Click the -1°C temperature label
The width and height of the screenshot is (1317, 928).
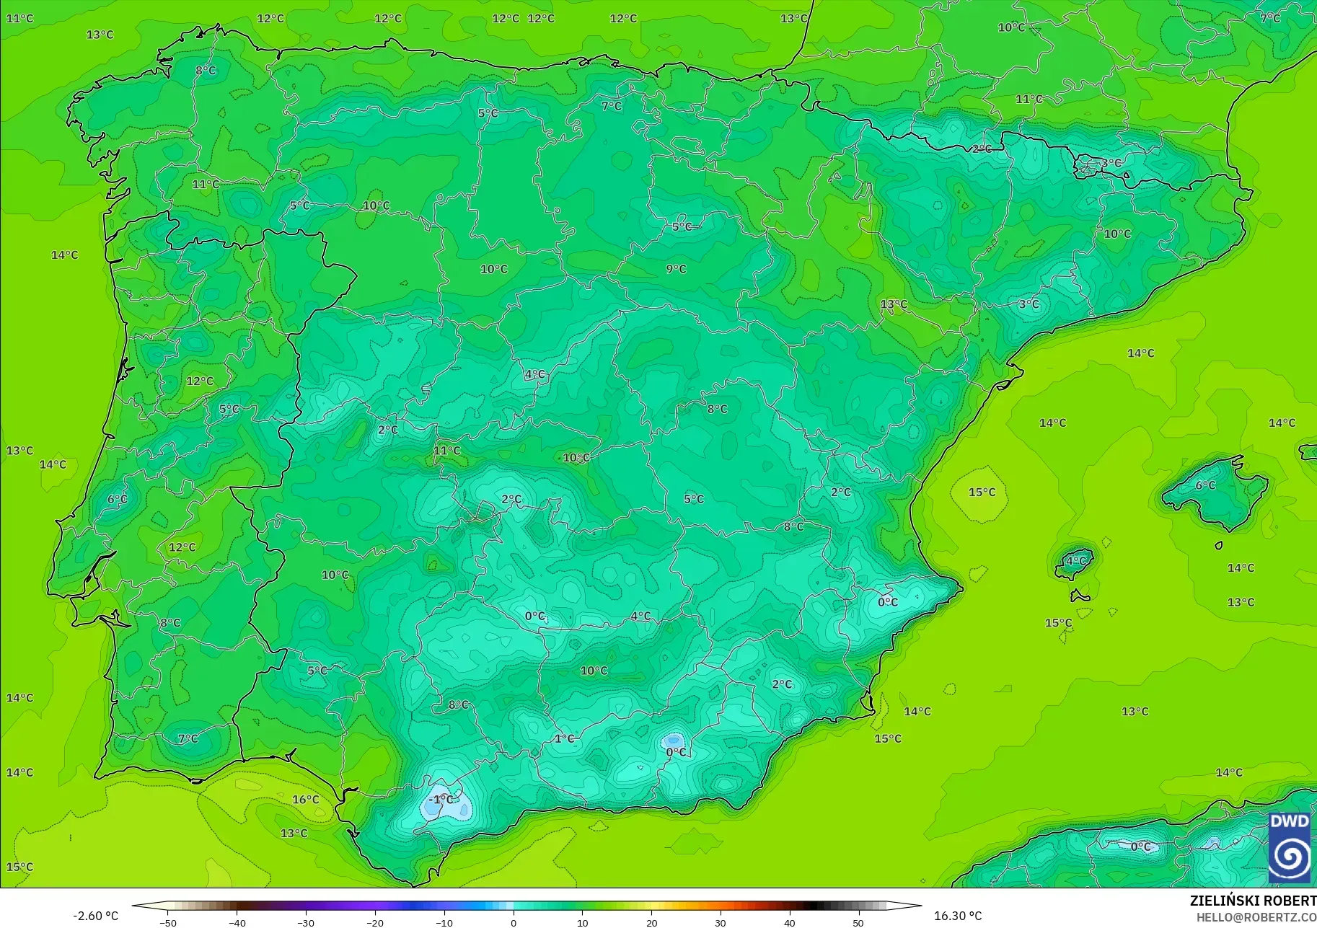point(441,800)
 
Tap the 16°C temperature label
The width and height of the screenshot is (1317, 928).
point(305,800)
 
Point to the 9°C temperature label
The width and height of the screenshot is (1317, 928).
point(676,269)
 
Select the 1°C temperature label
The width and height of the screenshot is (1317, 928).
point(564,739)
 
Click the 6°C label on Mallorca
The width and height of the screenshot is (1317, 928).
point(1205,486)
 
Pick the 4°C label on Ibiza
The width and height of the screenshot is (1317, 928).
point(1075,561)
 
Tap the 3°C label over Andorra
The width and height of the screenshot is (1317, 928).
point(1111,164)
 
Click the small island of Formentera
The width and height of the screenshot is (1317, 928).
point(1080,596)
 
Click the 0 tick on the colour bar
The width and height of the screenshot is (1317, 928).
point(513,923)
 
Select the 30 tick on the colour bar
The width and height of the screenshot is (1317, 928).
point(720,923)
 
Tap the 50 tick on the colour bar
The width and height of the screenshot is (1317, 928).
point(858,923)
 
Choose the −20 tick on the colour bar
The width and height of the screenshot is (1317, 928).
point(374,923)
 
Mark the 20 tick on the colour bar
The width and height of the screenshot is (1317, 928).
point(651,923)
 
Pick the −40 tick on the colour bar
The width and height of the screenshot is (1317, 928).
point(237,923)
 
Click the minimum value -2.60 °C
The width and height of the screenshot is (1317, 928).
point(95,916)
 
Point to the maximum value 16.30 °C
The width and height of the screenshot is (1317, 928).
point(958,916)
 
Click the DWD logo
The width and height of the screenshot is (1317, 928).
point(1290,847)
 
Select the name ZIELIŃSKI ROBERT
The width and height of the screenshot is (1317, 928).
point(1253,901)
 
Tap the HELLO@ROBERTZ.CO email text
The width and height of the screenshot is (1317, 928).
point(1256,917)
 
